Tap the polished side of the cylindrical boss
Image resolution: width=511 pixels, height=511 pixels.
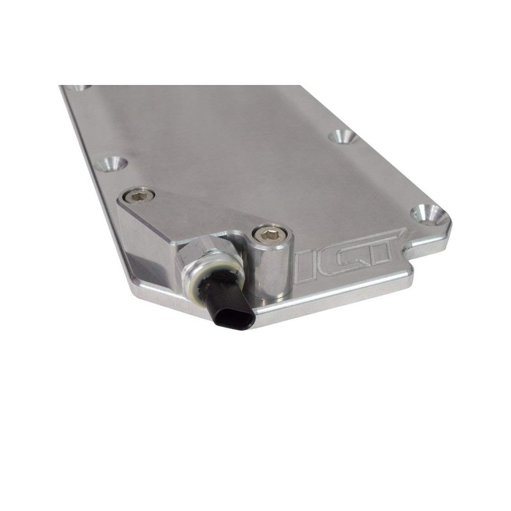pyautogui.click(x=270, y=270)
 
